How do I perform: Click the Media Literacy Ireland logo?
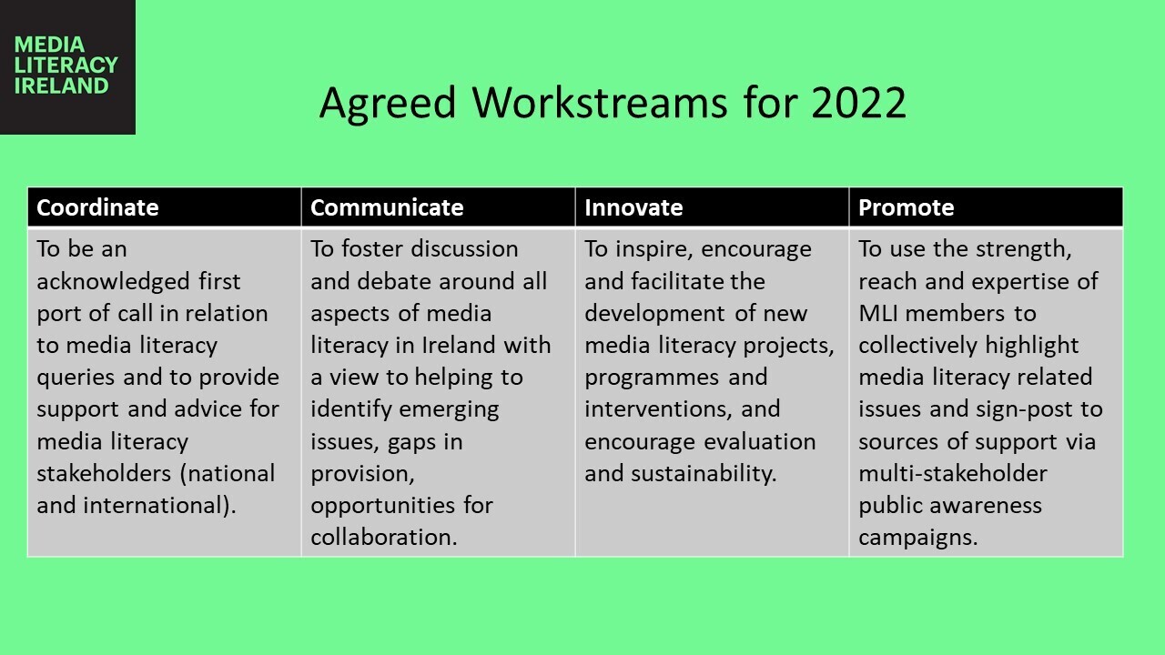pos(67,66)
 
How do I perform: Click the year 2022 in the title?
pos(858,103)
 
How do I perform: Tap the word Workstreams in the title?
pos(600,103)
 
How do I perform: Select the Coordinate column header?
pos(97,207)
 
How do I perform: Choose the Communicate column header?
pos(387,207)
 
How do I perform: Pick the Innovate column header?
pos(633,207)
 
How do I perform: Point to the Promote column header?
pos(906,207)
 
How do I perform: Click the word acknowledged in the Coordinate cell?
pos(113,282)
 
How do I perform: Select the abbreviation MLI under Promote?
pos(878,314)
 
